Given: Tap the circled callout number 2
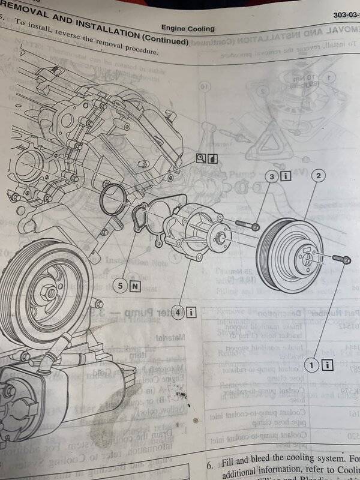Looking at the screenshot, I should pyautogui.click(x=318, y=176).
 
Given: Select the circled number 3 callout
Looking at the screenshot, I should pyautogui.click(x=271, y=177).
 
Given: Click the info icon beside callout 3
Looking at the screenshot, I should pyautogui.click(x=286, y=176).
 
